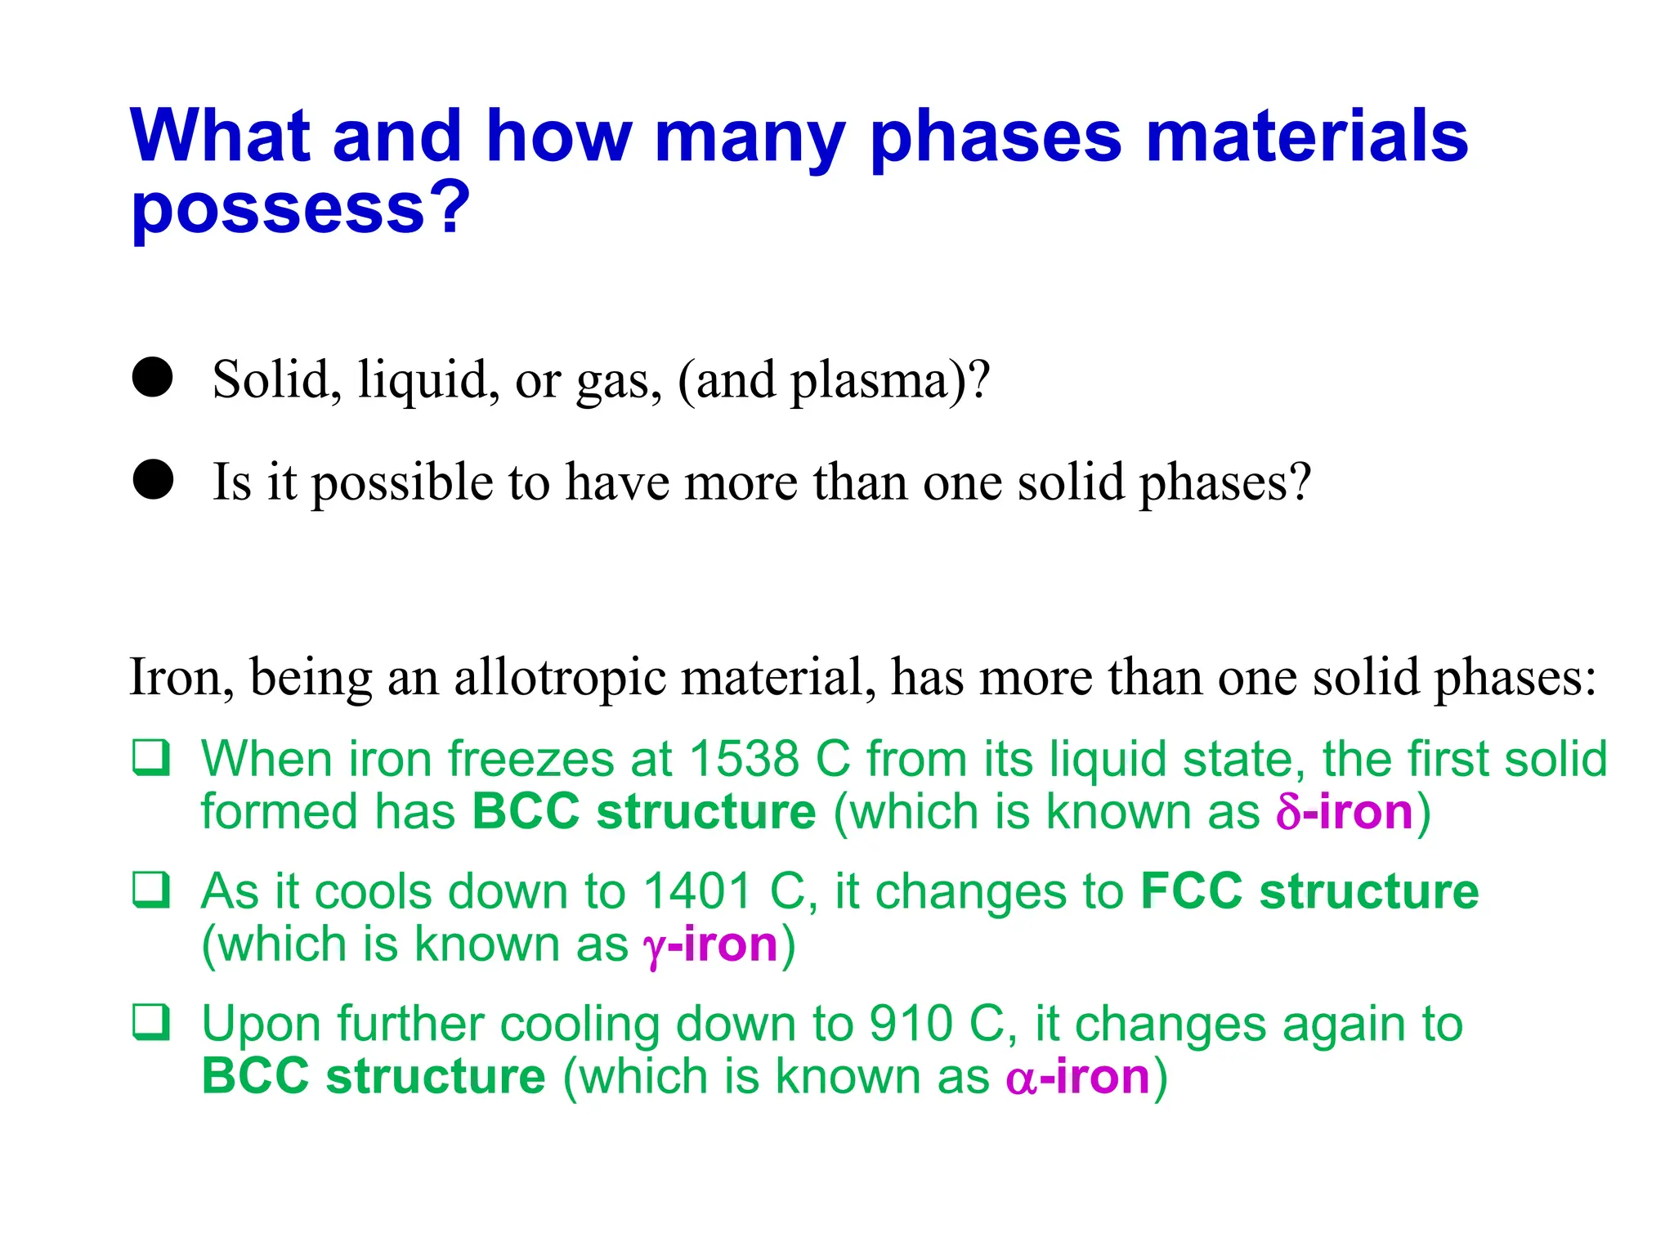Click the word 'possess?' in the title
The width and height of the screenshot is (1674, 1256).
[301, 209]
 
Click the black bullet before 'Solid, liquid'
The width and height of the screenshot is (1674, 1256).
[153, 378]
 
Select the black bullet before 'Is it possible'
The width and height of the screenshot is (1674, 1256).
[153, 479]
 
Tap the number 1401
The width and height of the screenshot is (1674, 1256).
[696, 891]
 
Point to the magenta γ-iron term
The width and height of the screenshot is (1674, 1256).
[710, 945]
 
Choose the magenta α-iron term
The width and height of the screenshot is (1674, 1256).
[1078, 1077]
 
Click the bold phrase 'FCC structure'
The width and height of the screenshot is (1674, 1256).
[1309, 891]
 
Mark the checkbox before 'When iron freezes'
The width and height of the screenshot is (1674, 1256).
[152, 757]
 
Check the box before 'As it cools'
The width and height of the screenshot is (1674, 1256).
[152, 890]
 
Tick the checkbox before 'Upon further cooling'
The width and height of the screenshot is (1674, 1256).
[152, 1022]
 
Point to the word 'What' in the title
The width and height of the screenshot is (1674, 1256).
[219, 136]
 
